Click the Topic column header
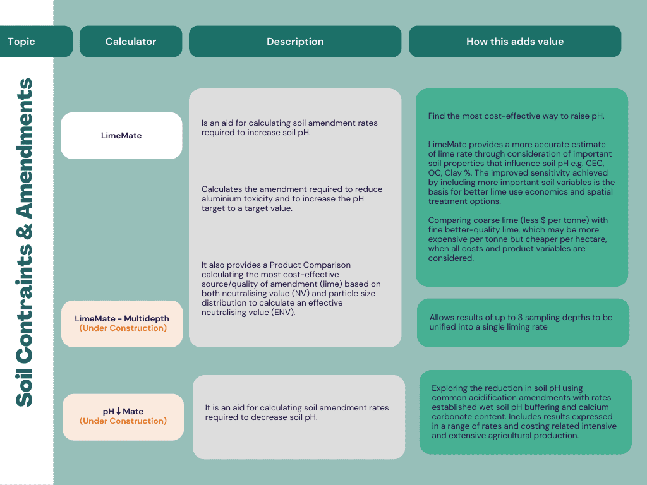(x=36, y=41)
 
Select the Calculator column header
(x=131, y=41)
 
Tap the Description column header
(x=295, y=41)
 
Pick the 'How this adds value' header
(x=515, y=41)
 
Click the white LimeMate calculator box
(x=121, y=136)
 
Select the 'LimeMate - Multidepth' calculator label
(x=122, y=318)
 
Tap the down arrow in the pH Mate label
(x=118, y=411)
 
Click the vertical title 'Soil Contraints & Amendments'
(x=25, y=242)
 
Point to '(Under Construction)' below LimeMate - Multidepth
(x=123, y=328)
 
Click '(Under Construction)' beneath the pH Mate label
(x=123, y=421)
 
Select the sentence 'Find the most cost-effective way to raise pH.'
(x=516, y=116)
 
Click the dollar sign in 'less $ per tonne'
(x=543, y=220)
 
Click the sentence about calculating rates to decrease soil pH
(x=297, y=412)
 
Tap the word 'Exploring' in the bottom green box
(x=449, y=388)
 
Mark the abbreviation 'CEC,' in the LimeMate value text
(x=595, y=164)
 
